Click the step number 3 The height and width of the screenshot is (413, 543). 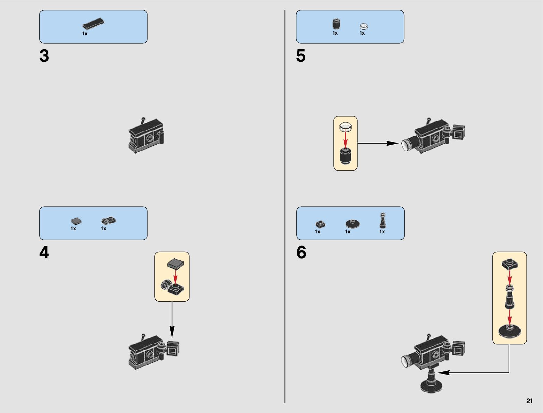(x=44, y=56)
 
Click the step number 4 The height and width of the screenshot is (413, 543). (x=44, y=253)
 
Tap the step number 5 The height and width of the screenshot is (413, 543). (x=301, y=56)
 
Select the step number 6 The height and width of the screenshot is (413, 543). (x=301, y=253)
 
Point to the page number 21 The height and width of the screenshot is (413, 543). (x=529, y=401)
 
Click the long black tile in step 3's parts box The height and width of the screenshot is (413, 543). (x=93, y=24)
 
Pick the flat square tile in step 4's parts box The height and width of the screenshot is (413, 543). (x=76, y=221)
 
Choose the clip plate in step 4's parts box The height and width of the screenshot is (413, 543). (x=108, y=221)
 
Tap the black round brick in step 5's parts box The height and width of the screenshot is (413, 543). (x=336, y=24)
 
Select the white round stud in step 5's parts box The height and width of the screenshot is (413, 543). (x=363, y=26)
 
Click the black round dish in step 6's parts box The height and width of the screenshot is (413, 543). (x=353, y=223)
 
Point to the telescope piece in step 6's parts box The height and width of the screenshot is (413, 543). (x=382, y=221)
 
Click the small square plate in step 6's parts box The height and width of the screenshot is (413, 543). (x=320, y=224)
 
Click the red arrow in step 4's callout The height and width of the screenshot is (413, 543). (x=175, y=276)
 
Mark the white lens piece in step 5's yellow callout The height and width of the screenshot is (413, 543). (x=346, y=127)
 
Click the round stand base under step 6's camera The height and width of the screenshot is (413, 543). (x=431, y=385)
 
